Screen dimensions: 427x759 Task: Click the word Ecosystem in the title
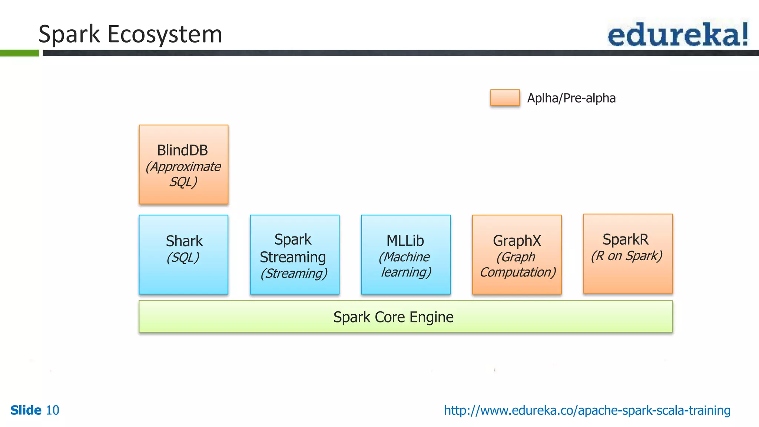click(165, 34)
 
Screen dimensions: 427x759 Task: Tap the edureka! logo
click(677, 34)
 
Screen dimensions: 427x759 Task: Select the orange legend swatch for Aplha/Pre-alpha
click(505, 98)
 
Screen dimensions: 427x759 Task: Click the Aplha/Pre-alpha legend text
click(571, 98)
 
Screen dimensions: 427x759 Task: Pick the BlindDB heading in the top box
click(182, 150)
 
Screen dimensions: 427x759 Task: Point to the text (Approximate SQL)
click(183, 174)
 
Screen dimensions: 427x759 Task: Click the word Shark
click(184, 241)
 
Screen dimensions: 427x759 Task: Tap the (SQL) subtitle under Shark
click(183, 257)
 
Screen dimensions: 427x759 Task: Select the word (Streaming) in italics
click(294, 274)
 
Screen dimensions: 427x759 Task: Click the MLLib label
click(405, 241)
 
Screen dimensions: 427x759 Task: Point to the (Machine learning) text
click(405, 265)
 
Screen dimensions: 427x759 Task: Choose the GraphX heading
click(517, 241)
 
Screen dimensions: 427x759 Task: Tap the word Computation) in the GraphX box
click(518, 272)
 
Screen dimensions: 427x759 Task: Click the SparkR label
click(626, 239)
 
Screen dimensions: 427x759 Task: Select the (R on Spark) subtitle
click(626, 256)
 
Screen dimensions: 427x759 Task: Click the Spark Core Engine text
click(393, 317)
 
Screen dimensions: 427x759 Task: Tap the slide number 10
click(52, 410)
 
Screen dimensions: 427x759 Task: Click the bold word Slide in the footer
click(26, 410)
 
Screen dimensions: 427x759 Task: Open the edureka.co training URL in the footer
click(587, 410)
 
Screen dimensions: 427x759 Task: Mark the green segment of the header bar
click(19, 53)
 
